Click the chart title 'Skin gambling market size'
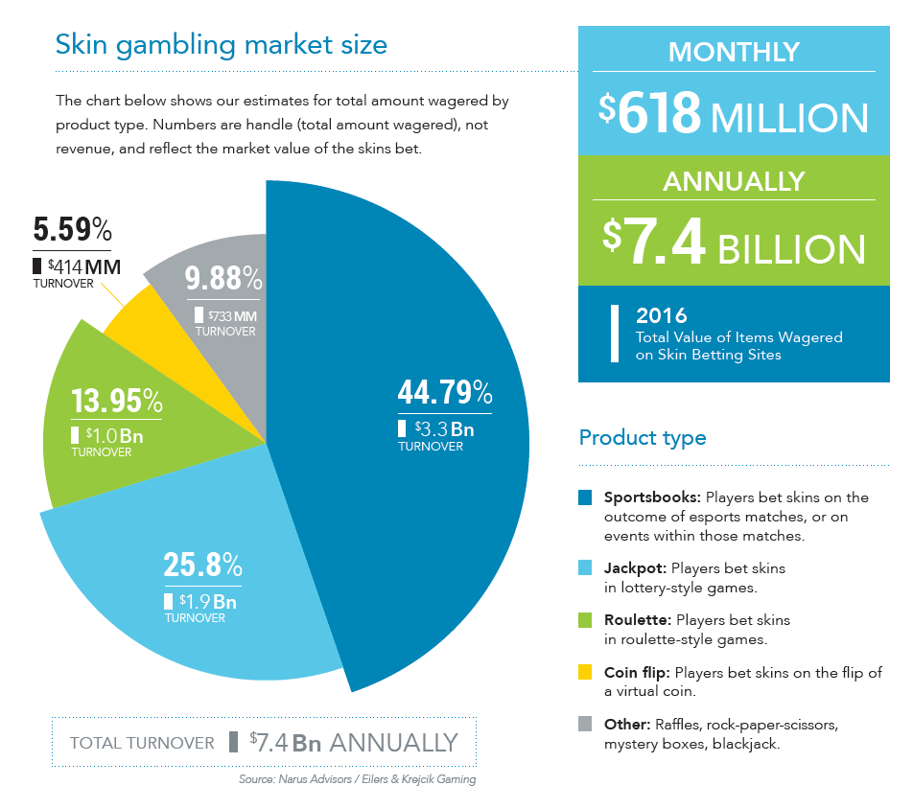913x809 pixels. (222, 44)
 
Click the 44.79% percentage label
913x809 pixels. (444, 394)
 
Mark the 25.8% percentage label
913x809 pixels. (202, 566)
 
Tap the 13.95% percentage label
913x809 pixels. (116, 401)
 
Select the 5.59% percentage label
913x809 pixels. (72, 231)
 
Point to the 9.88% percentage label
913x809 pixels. (223, 279)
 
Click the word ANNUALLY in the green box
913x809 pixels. (734, 181)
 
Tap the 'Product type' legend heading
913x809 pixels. (643, 438)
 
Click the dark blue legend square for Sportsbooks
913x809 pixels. (585, 497)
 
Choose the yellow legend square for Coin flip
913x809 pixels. (585, 673)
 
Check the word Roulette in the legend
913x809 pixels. (636, 620)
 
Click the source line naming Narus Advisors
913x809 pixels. (357, 779)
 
